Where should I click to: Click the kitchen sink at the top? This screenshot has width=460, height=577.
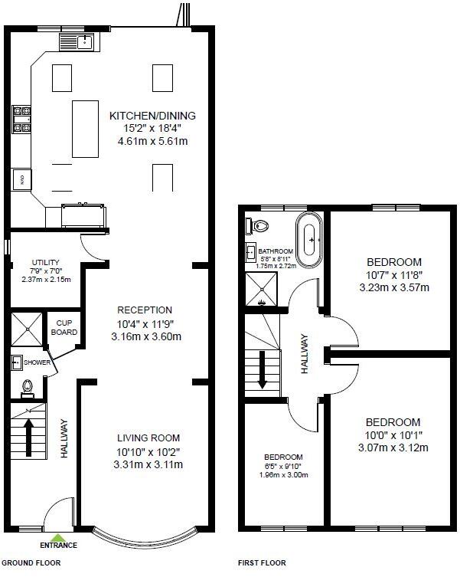77,41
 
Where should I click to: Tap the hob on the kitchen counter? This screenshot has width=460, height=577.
21,120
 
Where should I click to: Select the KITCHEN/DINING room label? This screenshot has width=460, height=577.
152,116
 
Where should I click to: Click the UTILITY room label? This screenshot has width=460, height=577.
46,262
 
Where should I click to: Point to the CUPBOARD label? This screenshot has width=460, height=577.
64,327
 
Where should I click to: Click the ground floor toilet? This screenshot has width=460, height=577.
28,388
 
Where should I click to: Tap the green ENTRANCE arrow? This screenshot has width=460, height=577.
58,538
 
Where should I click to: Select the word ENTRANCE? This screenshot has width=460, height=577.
58,545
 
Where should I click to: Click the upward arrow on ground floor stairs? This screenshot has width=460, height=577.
29,438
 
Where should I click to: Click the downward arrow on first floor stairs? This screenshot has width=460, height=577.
263,369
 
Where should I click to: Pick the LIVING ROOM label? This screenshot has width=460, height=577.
148,438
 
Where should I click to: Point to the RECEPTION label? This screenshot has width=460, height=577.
145,310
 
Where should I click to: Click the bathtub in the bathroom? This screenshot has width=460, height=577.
310,240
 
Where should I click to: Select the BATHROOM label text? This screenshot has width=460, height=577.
276,251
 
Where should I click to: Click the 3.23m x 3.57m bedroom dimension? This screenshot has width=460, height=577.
394,287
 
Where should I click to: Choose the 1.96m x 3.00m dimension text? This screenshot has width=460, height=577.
283,474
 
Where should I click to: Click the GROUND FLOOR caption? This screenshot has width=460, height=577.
31,562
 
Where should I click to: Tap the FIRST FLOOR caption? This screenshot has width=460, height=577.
262,562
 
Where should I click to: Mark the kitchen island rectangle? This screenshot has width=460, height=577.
85,129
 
